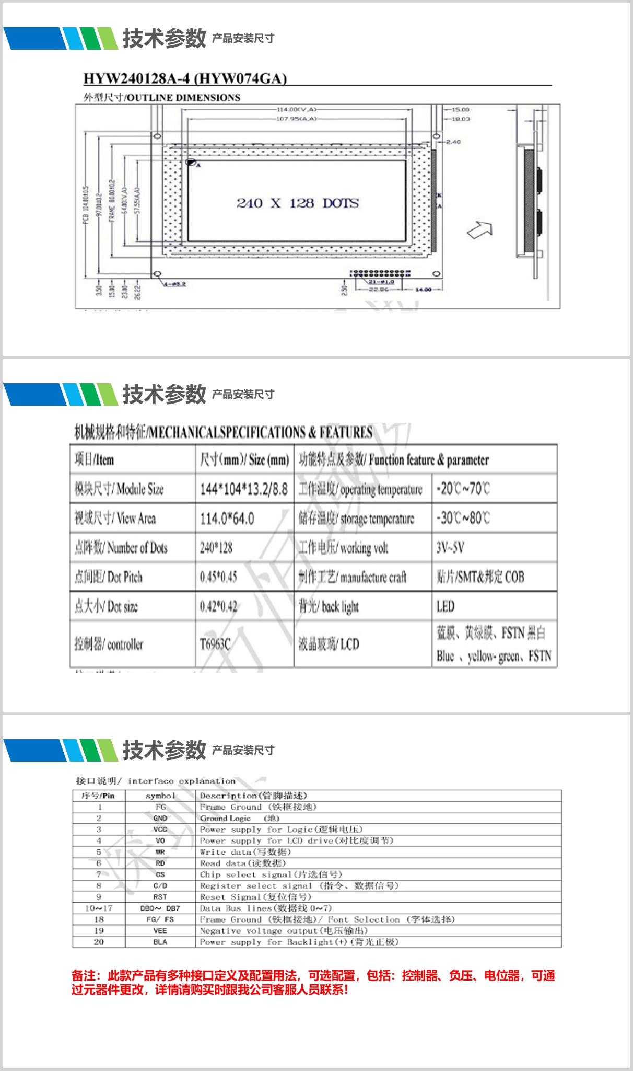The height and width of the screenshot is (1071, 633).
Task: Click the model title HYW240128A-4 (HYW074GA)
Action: pos(185,78)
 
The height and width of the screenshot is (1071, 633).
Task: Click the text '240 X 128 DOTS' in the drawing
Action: pos(297,203)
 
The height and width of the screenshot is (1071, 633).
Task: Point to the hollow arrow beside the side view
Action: pos(480,230)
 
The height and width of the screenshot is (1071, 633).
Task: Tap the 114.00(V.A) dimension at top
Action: pos(296,110)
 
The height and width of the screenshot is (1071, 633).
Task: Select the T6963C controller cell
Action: pos(215,644)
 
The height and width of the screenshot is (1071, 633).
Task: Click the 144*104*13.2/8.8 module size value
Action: pos(243,489)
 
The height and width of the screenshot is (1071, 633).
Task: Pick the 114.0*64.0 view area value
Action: pos(227,519)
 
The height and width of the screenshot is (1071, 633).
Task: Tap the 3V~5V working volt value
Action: pos(450,548)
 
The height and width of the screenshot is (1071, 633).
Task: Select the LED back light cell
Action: pos(446,606)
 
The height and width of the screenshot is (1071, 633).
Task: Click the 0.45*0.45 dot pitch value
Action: pos(218,577)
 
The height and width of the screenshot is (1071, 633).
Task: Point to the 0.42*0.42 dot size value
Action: pos(218,606)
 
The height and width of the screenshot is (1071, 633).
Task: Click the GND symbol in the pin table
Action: pos(160,818)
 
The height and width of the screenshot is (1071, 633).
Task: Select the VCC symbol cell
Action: pos(160,830)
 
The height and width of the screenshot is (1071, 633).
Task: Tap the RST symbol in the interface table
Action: pos(160,897)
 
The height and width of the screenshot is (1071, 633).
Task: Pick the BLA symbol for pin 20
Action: pos(160,942)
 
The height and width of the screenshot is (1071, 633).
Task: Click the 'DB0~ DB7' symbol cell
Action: pos(160,908)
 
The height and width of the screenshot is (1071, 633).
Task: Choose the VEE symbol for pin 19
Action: pos(160,931)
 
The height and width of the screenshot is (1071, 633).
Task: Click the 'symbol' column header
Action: pos(160,796)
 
